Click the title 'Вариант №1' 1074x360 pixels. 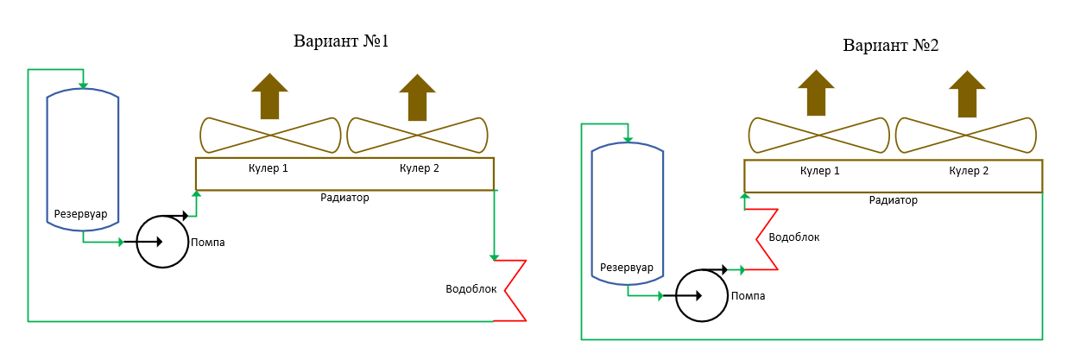pos(341,41)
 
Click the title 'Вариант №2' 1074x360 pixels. pos(891,45)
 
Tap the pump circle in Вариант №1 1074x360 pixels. pos(162,242)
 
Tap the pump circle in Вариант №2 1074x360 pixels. pos(700,295)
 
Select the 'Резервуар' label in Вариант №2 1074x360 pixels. pos(627,267)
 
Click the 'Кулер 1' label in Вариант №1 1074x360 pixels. pos(267,167)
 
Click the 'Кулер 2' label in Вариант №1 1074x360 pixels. pos(420,167)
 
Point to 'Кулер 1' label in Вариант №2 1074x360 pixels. pos(819,171)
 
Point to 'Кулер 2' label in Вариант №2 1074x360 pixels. pos(969,171)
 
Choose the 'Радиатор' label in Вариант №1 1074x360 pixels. pos(344,198)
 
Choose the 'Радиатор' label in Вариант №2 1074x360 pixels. pos(894,200)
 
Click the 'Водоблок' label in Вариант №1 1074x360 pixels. pos(471,289)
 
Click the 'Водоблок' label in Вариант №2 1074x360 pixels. pos(794,237)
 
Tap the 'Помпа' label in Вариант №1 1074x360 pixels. pos(208,243)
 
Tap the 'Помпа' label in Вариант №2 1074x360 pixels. pos(748,296)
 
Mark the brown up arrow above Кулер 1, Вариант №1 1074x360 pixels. pos(270,96)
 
